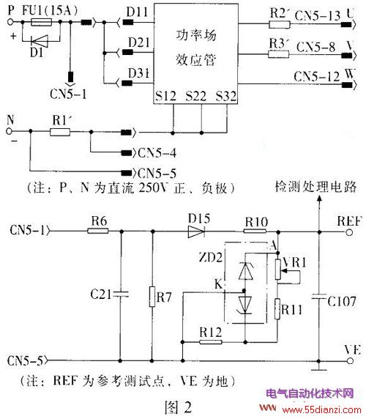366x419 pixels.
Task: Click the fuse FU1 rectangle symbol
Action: pyautogui.click(x=42, y=22)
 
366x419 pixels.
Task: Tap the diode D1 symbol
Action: pyautogui.click(x=40, y=41)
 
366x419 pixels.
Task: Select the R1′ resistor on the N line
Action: pyautogui.click(x=60, y=132)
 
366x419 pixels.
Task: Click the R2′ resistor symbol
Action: pyautogui.click(x=279, y=25)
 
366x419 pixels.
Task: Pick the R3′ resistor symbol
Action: pyautogui.click(x=278, y=54)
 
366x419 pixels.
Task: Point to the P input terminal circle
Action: pyautogui.click(x=10, y=22)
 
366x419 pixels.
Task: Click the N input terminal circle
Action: pyautogui.click(x=9, y=131)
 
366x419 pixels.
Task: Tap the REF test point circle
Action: pyautogui.click(x=349, y=232)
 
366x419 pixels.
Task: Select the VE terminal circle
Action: pyautogui.click(x=350, y=361)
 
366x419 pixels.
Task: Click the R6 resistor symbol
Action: pyautogui.click(x=98, y=231)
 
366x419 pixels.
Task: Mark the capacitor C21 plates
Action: pyautogui.click(x=121, y=294)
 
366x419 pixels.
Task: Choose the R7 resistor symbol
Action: pyautogui.click(x=152, y=297)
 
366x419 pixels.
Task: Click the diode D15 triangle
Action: pyautogui.click(x=196, y=231)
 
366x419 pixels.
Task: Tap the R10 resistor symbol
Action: pyautogui.click(x=255, y=231)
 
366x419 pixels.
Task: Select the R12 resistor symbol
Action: pyautogui.click(x=211, y=342)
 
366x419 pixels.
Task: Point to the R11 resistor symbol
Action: pyautogui.click(x=277, y=309)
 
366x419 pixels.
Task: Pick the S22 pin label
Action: pyautogui.click(x=196, y=96)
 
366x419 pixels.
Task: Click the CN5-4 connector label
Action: pyautogui.click(x=157, y=153)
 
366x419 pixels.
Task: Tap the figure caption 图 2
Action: pyautogui.click(x=178, y=407)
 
